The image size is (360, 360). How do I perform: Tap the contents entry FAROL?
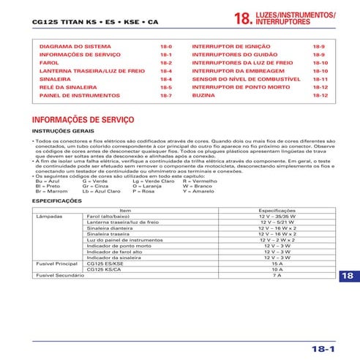click(50, 62)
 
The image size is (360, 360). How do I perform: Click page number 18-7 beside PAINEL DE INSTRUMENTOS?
click(165, 95)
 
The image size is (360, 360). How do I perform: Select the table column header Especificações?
click(277, 210)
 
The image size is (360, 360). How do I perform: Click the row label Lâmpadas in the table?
click(50, 217)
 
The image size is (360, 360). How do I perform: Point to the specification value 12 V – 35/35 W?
click(277, 217)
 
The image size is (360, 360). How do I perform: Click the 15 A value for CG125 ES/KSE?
click(277, 263)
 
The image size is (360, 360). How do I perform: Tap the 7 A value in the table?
click(277, 274)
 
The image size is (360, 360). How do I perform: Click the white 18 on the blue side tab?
click(348, 276)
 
